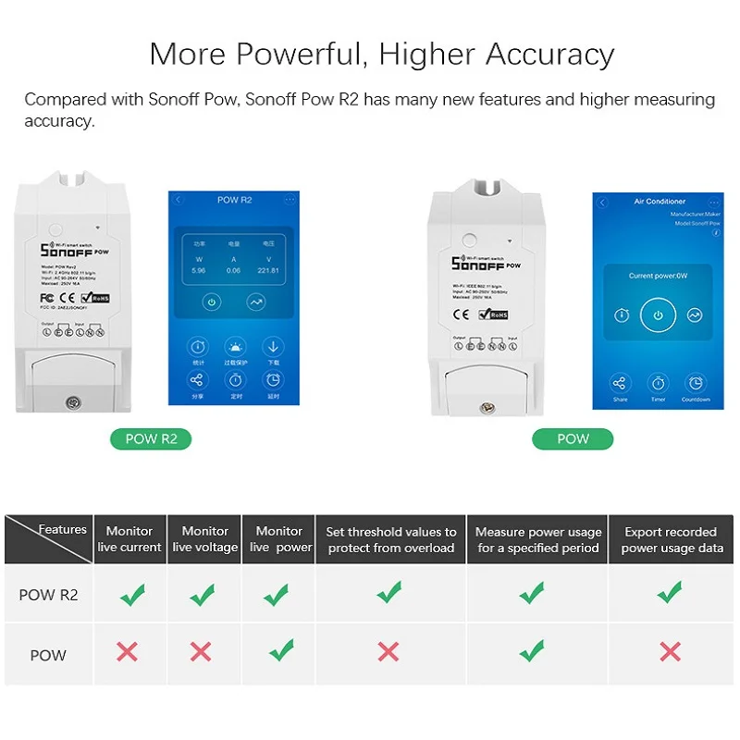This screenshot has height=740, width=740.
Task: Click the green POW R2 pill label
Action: pos(151,438)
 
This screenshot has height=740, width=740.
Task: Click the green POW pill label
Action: pos(573,438)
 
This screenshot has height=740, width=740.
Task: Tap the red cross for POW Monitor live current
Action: pos(128,651)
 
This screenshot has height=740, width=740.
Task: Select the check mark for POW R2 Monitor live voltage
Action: pos(203,594)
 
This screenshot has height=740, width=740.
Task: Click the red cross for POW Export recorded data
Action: pos(670,651)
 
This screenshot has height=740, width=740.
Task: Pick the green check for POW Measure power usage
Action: pos(531,651)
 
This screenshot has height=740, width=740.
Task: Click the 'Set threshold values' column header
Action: pos(390,539)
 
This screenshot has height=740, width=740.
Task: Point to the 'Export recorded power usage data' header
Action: pos(670,539)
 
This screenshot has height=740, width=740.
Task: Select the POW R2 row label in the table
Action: pos(48,595)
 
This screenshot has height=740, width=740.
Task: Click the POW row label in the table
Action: pos(48,655)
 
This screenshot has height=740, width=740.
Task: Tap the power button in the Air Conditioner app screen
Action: pos(658,314)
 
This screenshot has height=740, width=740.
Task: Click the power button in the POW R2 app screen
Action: pos(212,302)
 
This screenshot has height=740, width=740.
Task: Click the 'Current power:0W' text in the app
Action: pos(657,276)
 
